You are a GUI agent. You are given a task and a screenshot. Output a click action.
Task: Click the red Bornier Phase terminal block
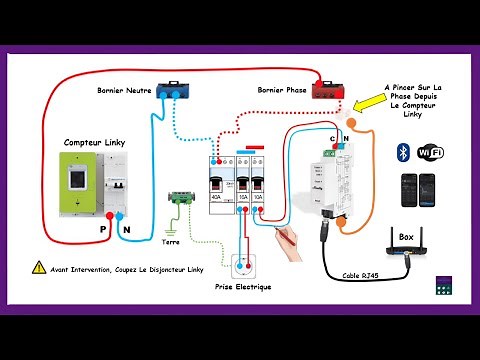pyautogui.click(x=326, y=92)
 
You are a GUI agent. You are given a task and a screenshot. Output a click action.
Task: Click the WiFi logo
pyautogui.click(x=430, y=152)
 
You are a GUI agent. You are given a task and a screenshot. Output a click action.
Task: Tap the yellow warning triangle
pyautogui.click(x=39, y=268)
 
